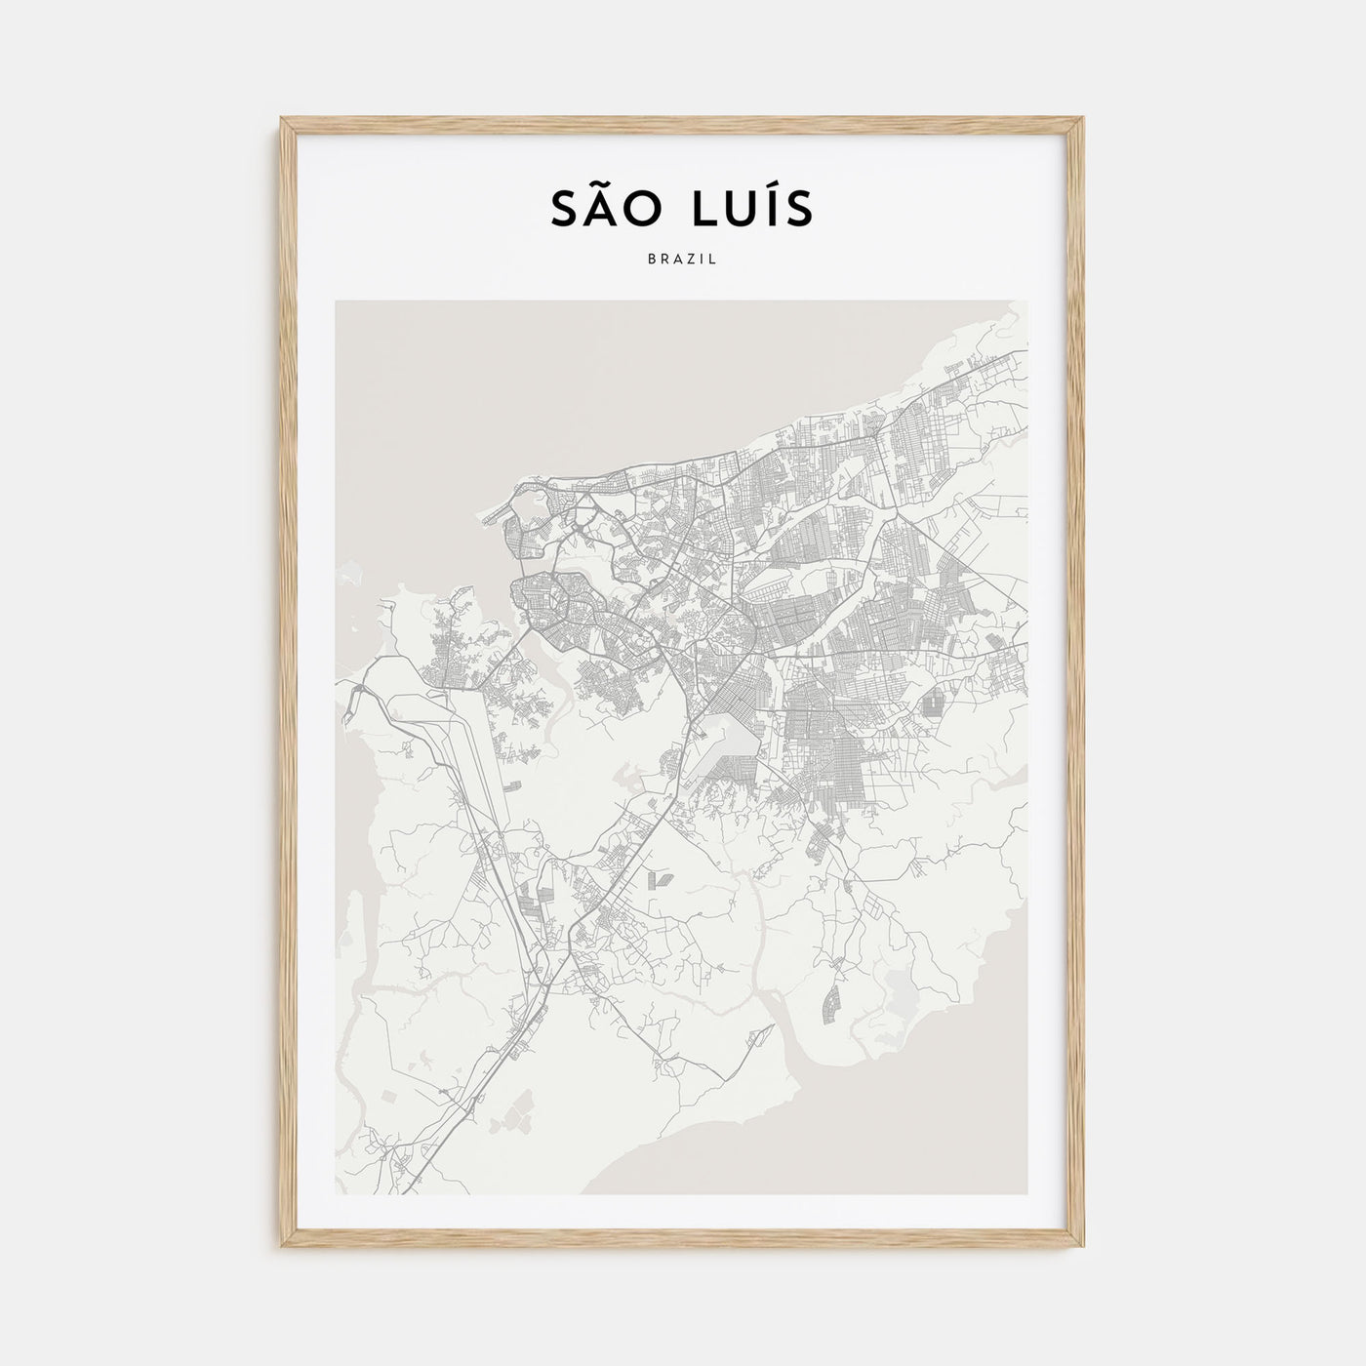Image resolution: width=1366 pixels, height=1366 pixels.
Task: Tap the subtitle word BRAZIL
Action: (x=682, y=261)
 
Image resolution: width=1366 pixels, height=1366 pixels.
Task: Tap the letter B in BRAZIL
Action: (x=650, y=261)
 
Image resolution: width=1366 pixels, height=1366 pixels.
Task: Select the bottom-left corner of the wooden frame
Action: (x=283, y=1248)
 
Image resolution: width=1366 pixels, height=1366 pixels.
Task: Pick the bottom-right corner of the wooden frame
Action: (x=1083, y=1248)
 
